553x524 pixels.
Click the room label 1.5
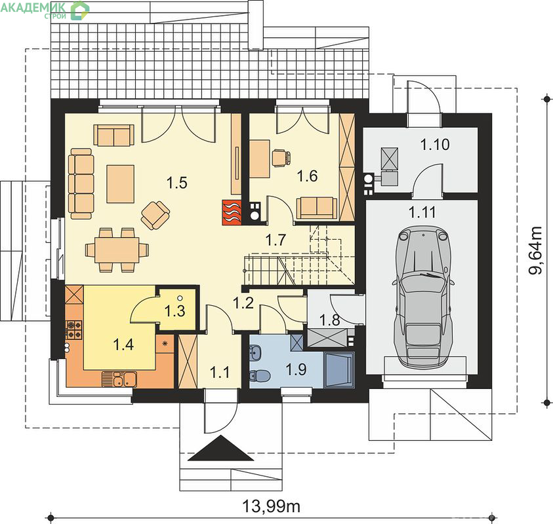coord(176,183)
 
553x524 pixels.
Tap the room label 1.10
coord(435,144)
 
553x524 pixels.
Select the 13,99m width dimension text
coord(271,506)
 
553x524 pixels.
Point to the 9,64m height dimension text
coord(535,250)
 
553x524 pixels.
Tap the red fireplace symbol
coord(232,212)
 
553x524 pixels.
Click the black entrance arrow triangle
coord(221,448)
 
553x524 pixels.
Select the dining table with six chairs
coord(117,250)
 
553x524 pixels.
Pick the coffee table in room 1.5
coord(120,184)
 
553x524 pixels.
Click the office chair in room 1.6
coord(281,157)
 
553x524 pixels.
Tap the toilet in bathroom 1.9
coord(259,375)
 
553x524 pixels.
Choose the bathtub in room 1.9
coord(339,369)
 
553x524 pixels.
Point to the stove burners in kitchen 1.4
coord(73,329)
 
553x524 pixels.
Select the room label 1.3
coord(175,310)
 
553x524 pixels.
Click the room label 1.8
coord(330,320)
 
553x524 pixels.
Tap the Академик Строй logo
coord(45,10)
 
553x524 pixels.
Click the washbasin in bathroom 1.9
coord(255,353)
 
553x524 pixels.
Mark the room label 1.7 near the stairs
coord(276,240)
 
